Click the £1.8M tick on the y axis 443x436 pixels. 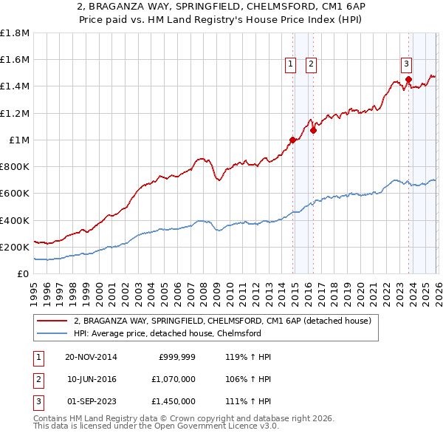click(15, 33)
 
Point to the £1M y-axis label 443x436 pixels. click(19, 140)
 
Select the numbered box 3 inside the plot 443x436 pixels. click(406, 64)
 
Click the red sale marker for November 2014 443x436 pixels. click(293, 140)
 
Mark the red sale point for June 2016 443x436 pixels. click(313, 130)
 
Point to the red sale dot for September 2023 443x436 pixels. click(408, 80)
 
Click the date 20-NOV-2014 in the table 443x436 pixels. click(91, 357)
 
